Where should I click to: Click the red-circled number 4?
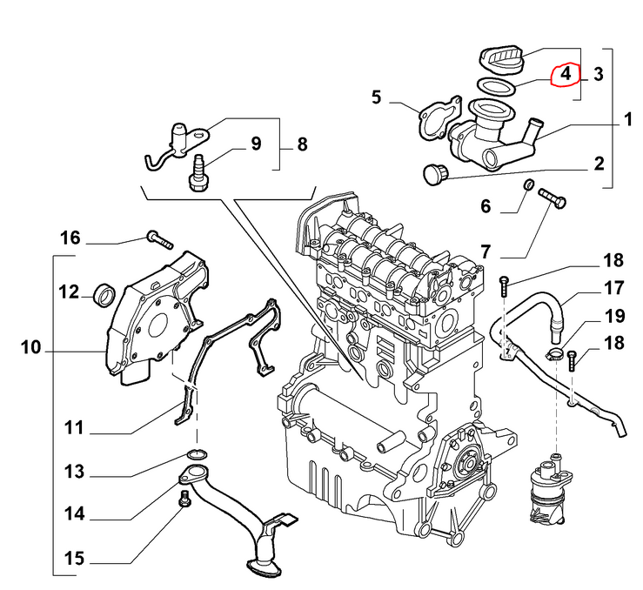tap(566, 74)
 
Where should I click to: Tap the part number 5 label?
tap(377, 97)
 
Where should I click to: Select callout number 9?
tap(256, 143)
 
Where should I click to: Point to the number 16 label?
tap(70, 238)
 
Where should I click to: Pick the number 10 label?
tap(30, 349)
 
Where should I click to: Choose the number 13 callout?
tap(75, 472)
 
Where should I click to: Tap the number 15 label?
tap(75, 557)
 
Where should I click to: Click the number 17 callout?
tap(614, 288)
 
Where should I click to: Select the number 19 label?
tap(614, 315)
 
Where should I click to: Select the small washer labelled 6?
tap(528, 185)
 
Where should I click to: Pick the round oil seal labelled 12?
tap(104, 294)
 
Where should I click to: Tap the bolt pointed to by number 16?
tap(157, 236)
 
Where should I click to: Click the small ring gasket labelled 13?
tap(197, 453)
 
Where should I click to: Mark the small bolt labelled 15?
tap(184, 499)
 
